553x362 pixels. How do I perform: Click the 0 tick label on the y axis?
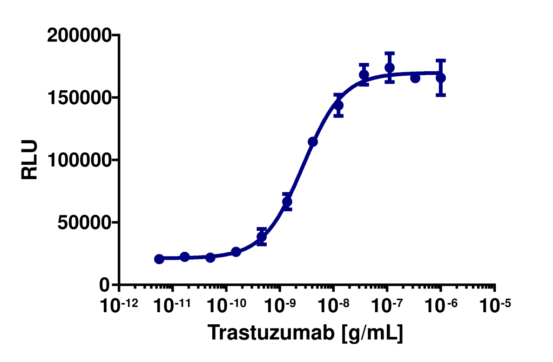(105, 285)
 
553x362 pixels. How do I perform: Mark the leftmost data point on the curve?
(159, 259)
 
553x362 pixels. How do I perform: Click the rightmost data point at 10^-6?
(441, 77)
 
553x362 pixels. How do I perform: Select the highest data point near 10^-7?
(390, 68)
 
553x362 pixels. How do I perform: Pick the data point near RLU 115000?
(313, 141)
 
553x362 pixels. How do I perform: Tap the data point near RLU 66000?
(287, 202)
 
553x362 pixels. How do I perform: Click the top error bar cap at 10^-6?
(441, 60)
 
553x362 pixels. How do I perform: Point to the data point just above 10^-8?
(338, 105)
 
